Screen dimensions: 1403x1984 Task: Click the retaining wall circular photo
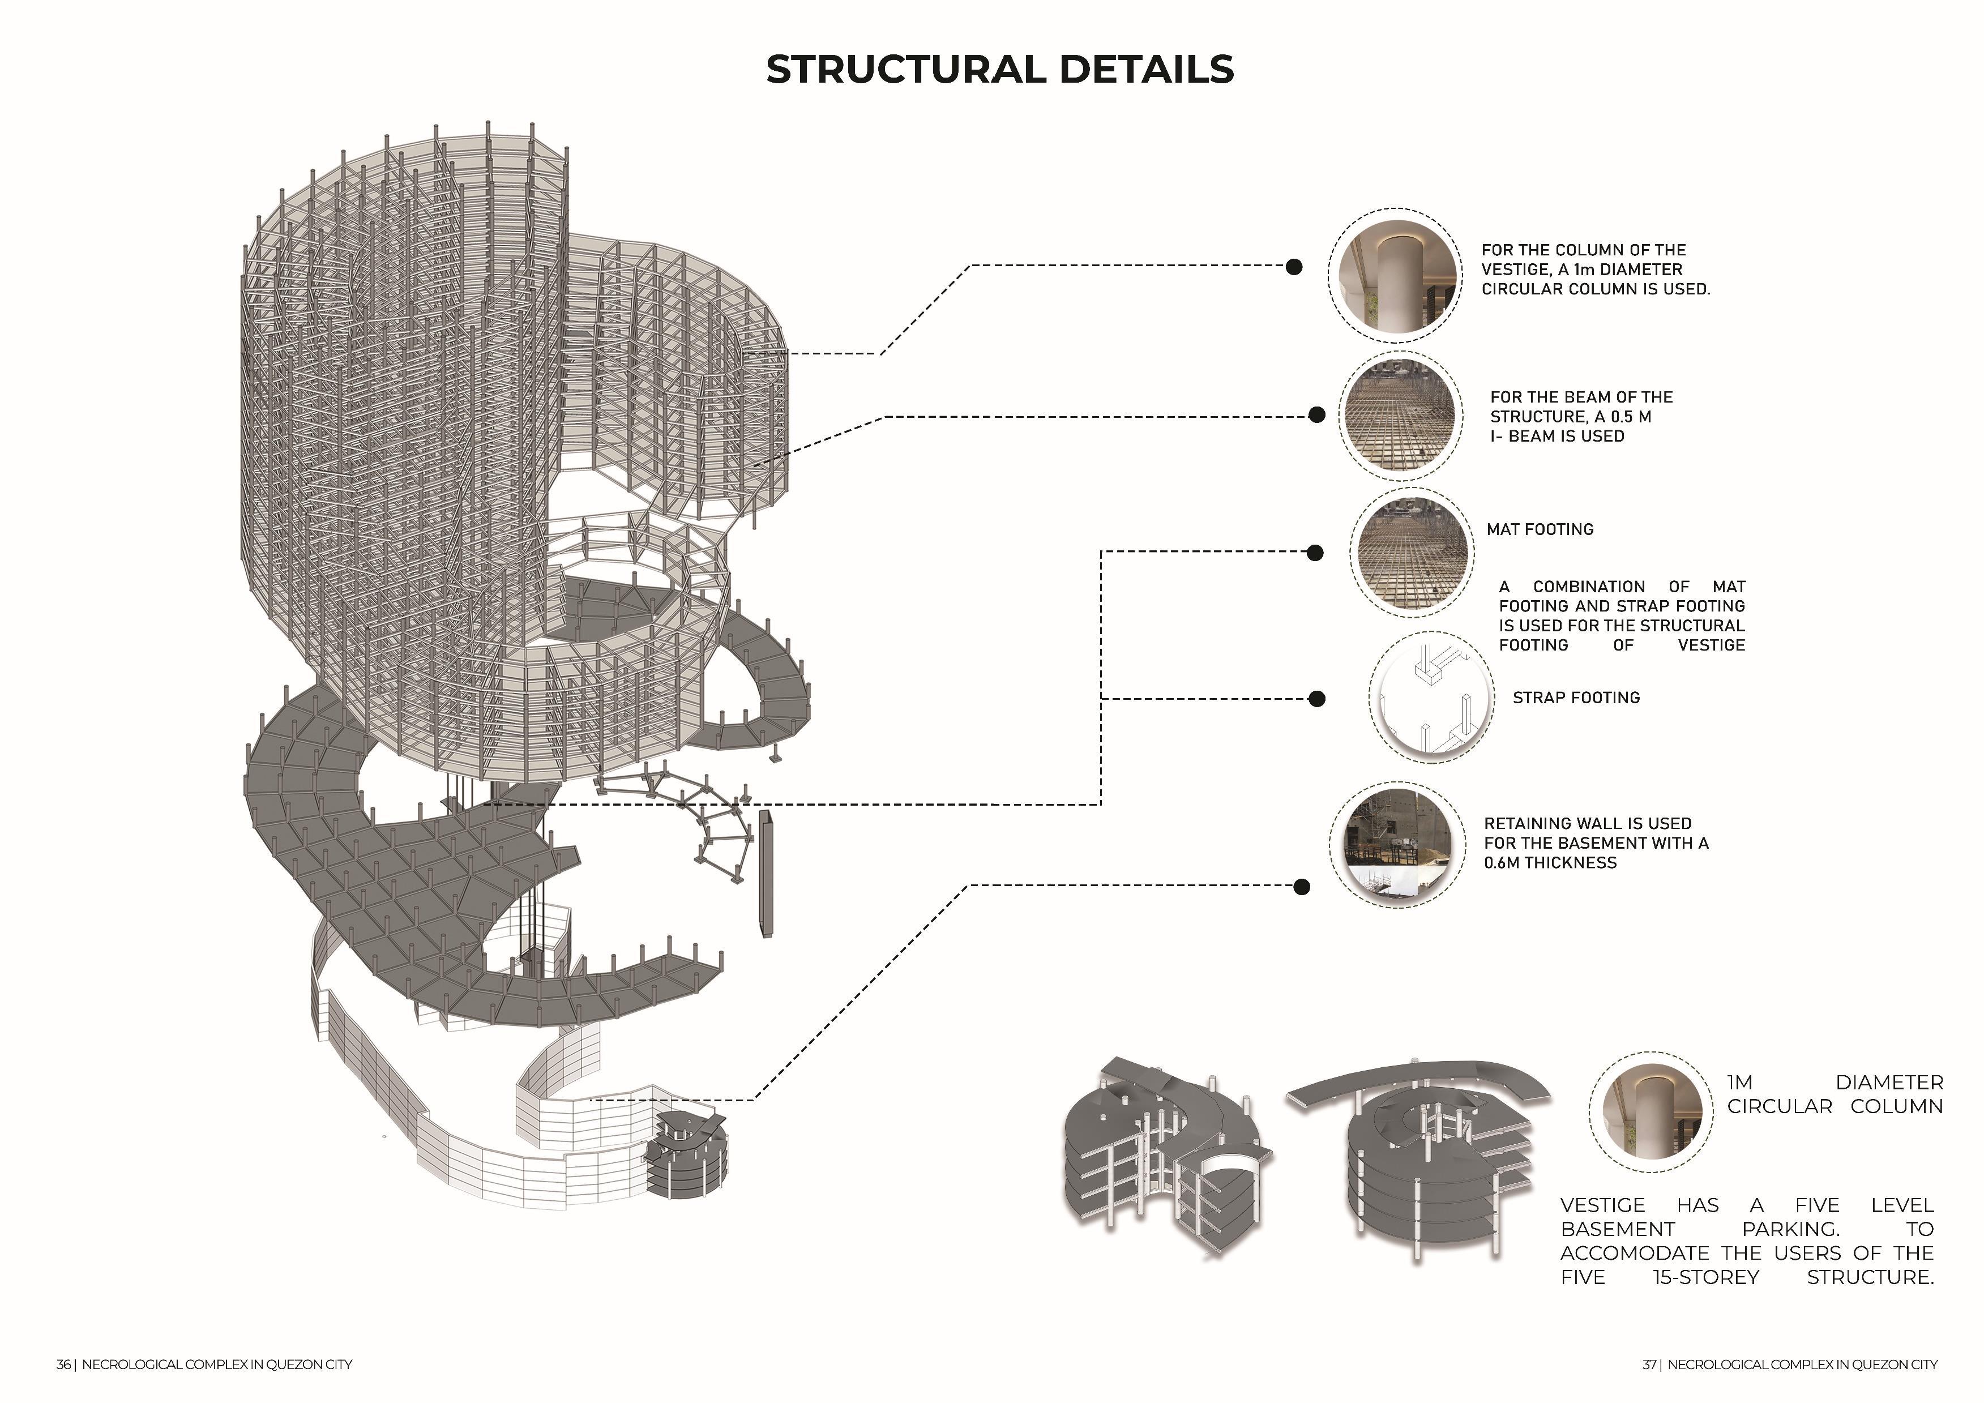point(1396,843)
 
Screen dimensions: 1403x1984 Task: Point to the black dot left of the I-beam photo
point(1316,416)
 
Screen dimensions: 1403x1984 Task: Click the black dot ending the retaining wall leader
point(1301,887)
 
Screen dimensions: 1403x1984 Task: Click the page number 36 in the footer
point(64,1365)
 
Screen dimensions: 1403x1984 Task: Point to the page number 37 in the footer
point(1649,1365)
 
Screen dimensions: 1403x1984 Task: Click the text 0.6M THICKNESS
point(1550,863)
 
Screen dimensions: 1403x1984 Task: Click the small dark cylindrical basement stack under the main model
point(688,1153)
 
